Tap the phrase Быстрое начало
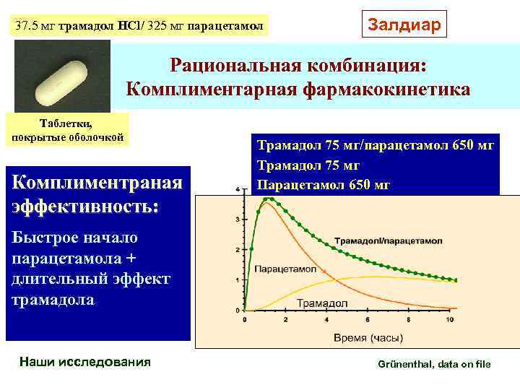(x=74, y=238)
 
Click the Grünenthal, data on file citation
(x=434, y=364)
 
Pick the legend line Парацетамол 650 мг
(x=324, y=184)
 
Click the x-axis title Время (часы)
(x=358, y=337)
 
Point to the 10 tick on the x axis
(x=451, y=319)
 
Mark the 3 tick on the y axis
(x=238, y=219)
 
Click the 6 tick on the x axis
(x=368, y=319)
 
